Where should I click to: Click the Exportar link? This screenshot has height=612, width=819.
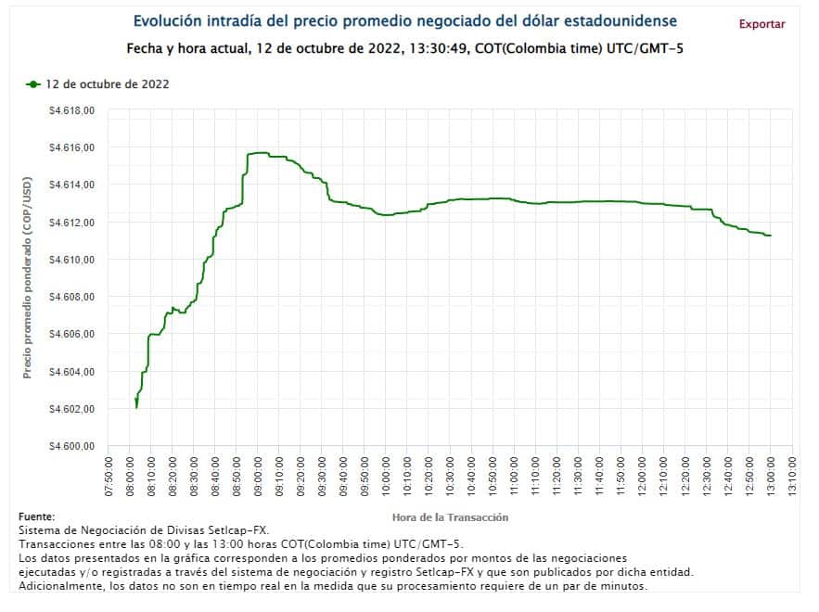coord(761,24)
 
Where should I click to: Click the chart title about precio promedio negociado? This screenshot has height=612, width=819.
coord(404,20)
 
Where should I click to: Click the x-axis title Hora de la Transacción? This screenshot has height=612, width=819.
coord(450,516)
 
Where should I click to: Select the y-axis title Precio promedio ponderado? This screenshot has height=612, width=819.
coord(27,278)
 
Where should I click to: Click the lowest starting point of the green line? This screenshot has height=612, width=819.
coord(136,407)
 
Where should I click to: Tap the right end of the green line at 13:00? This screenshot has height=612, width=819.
coord(770,236)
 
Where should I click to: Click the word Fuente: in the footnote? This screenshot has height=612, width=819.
coord(36,516)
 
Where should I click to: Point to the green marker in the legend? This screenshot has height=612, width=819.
coord(33,84)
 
